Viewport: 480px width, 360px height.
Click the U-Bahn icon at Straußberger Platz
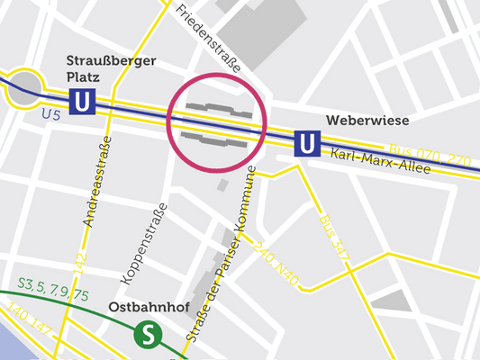83,102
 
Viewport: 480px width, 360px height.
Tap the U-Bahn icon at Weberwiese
307,142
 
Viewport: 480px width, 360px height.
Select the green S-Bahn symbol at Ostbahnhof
146,335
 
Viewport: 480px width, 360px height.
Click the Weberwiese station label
367,121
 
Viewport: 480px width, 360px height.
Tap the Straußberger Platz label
112,69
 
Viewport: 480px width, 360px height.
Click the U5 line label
52,114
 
